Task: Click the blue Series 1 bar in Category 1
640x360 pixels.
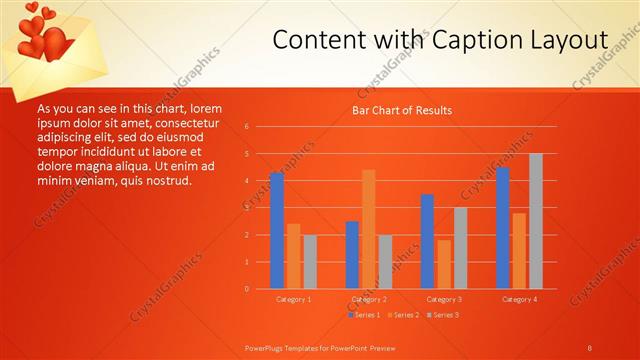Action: pyautogui.click(x=277, y=231)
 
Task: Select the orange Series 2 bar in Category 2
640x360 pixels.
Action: pyautogui.click(x=368, y=229)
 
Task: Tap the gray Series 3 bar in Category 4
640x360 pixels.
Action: pyautogui.click(x=536, y=221)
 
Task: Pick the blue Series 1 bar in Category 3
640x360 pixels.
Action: pyautogui.click(x=427, y=241)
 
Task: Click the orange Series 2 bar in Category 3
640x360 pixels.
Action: pyautogui.click(x=444, y=264)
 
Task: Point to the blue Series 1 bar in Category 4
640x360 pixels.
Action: pyautogui.click(x=503, y=228)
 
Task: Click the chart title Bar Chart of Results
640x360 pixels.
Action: pyautogui.click(x=402, y=110)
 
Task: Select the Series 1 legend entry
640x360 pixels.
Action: pyautogui.click(x=364, y=315)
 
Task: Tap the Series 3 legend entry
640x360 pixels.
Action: pyautogui.click(x=444, y=315)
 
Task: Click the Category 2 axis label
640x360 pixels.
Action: pyautogui.click(x=368, y=299)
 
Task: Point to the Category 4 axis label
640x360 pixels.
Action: pyautogui.click(x=519, y=299)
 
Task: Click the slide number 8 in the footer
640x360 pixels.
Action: pyautogui.click(x=589, y=347)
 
